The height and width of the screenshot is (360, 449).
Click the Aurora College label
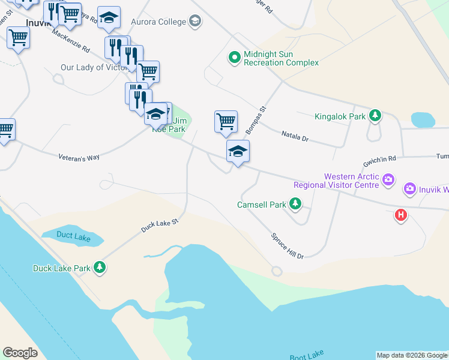(159, 22)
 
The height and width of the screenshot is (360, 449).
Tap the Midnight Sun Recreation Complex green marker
(234, 58)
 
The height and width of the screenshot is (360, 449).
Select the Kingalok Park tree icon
(375, 115)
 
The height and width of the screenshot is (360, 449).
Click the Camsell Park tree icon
(295, 205)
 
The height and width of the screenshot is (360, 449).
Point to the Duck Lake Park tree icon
(101, 268)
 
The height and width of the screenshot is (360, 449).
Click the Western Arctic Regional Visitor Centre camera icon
(388, 179)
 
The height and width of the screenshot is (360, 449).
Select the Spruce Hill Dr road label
(288, 246)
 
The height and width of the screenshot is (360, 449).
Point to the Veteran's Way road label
(79, 157)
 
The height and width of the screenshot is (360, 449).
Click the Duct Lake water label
(73, 236)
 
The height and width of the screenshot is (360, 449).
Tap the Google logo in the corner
(20, 353)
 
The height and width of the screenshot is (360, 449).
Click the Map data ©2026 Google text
(412, 355)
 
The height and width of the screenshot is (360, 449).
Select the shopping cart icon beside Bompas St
(226, 121)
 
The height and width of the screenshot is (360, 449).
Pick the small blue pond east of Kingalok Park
(423, 119)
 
